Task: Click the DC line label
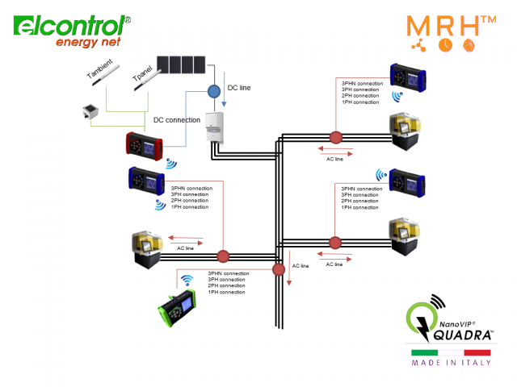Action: click(240, 87)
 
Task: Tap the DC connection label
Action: click(177, 120)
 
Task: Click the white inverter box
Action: click(215, 131)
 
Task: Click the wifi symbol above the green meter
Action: click(187, 281)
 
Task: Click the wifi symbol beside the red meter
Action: click(171, 163)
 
